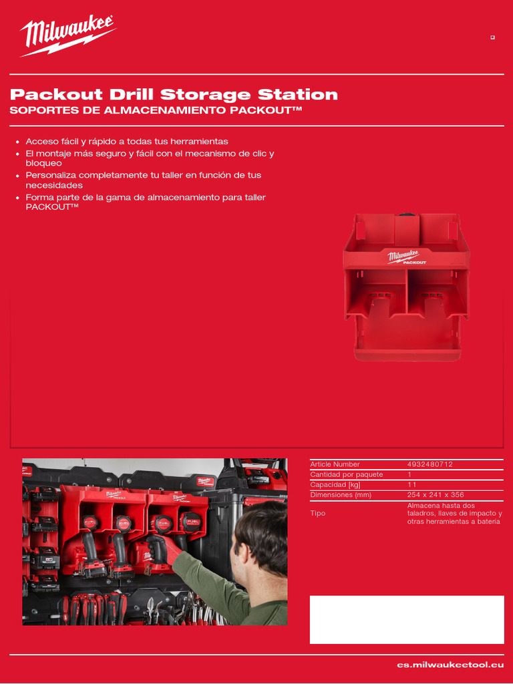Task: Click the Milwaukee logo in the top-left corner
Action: [x=67, y=36]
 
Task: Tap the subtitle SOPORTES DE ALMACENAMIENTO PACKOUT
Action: [x=156, y=110]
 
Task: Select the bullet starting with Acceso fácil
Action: [x=126, y=142]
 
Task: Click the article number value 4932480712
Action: [x=430, y=464]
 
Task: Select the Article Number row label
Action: [x=335, y=464]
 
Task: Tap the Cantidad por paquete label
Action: [x=346, y=474]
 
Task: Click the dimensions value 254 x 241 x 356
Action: [x=435, y=495]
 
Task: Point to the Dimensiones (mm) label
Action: [x=340, y=495]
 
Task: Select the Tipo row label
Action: [x=317, y=514]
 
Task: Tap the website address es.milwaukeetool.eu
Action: [x=450, y=665]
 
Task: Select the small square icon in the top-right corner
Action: [x=492, y=37]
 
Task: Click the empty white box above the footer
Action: [x=407, y=619]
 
